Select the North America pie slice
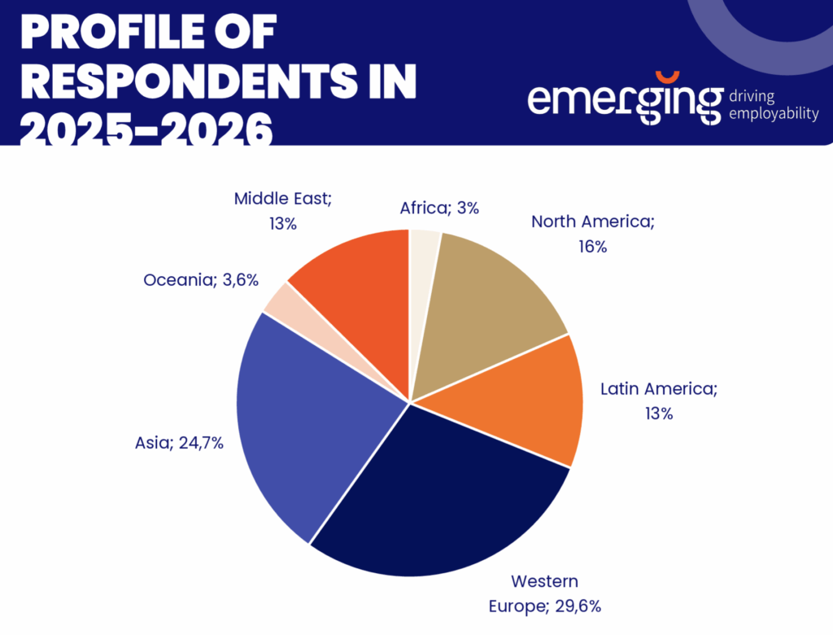coord(488,293)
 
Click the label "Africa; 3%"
coord(439,208)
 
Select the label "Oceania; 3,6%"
coord(201,280)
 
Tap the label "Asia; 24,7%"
coord(179,444)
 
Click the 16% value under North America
coord(594,246)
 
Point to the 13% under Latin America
coord(659,414)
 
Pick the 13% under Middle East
coord(282,223)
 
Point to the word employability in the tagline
coord(774,114)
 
